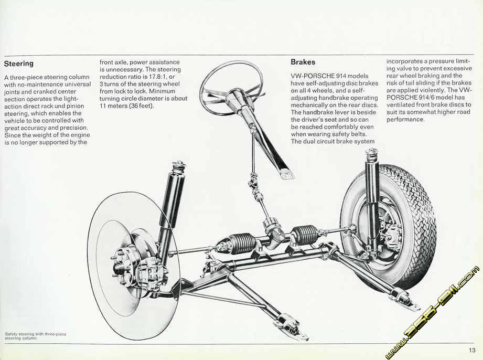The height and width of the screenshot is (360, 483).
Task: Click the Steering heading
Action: (19, 63)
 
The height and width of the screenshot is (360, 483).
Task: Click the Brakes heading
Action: (303, 62)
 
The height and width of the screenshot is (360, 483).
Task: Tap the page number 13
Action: (473, 351)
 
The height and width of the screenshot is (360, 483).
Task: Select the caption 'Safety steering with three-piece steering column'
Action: (32, 336)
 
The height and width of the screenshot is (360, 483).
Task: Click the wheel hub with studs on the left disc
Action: (126, 262)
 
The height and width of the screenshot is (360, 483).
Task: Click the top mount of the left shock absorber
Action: (179, 167)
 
